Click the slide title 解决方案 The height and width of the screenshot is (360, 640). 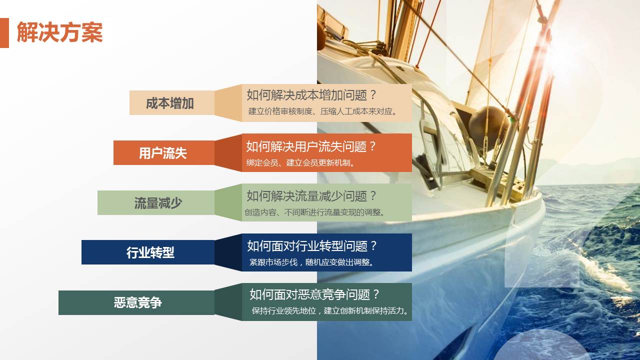(x=59, y=33)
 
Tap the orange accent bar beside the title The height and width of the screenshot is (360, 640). (x=4, y=33)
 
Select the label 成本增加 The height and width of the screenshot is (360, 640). (x=170, y=103)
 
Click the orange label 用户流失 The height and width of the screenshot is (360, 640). (x=163, y=153)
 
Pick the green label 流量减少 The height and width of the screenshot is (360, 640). (x=158, y=203)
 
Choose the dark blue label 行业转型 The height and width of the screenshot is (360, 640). (x=150, y=252)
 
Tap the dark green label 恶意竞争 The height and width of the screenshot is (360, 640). (x=138, y=302)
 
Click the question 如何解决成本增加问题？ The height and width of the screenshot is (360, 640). (x=311, y=95)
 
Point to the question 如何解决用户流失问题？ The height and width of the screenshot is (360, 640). (x=311, y=146)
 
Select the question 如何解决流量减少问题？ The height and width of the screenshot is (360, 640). (x=311, y=196)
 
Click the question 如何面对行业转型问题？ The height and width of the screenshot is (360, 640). (x=312, y=246)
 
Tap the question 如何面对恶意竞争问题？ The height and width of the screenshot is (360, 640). (x=315, y=294)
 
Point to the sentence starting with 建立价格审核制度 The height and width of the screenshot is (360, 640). (x=323, y=111)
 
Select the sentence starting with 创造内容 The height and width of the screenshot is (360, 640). (x=315, y=212)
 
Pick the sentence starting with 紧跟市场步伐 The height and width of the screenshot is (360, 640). (x=312, y=262)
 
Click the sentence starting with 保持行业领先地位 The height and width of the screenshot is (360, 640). (x=330, y=310)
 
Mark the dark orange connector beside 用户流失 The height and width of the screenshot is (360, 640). (x=228, y=153)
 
